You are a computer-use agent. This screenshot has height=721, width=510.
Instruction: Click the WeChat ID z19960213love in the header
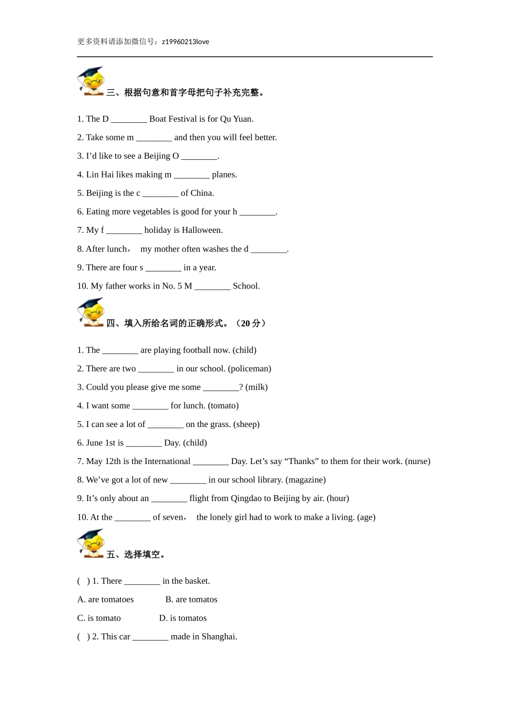point(185,42)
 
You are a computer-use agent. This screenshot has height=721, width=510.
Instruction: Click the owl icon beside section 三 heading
point(91,82)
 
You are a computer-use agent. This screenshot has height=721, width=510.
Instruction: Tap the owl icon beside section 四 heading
point(91,312)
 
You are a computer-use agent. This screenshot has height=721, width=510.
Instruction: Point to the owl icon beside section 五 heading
point(91,543)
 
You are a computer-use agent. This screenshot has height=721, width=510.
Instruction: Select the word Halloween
point(202,230)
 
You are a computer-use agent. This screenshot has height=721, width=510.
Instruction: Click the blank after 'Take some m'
point(154,138)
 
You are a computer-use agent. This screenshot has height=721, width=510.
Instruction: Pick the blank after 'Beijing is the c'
point(161,193)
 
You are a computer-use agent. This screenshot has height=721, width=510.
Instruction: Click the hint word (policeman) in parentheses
point(250,369)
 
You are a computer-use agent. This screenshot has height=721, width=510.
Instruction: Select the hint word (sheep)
point(246,424)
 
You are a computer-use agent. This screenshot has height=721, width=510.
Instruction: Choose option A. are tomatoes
point(106,600)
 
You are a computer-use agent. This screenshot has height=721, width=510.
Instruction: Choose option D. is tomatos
point(183,619)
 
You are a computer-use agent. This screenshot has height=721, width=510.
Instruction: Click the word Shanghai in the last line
point(218,637)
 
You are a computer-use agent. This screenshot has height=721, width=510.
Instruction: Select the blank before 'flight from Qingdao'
point(169,498)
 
